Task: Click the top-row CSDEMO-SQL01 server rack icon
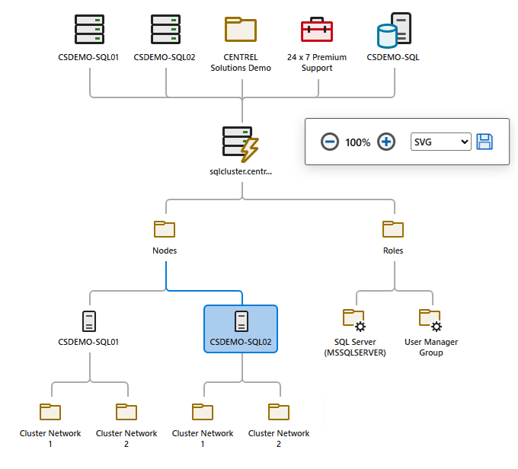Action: pos(89,30)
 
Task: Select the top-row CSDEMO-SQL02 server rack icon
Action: pos(165,30)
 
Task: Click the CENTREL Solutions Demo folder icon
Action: pos(241,30)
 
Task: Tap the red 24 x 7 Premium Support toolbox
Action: pos(317,30)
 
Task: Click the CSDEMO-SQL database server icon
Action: pos(394,30)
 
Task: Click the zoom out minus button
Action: pos(329,142)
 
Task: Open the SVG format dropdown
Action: pos(441,142)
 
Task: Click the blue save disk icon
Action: pos(484,142)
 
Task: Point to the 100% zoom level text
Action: pos(358,142)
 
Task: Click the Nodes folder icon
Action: pos(165,229)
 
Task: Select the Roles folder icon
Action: pos(393,229)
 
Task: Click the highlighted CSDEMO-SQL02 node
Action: pos(241,328)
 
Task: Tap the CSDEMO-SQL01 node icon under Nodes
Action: pos(89,321)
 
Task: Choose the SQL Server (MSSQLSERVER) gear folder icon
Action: pos(354,319)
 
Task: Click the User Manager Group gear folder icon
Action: pos(430,319)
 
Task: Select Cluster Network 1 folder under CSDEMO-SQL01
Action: pos(50,412)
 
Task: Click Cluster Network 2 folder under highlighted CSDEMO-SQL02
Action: pos(279,412)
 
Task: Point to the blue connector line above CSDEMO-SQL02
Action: pos(204,291)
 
